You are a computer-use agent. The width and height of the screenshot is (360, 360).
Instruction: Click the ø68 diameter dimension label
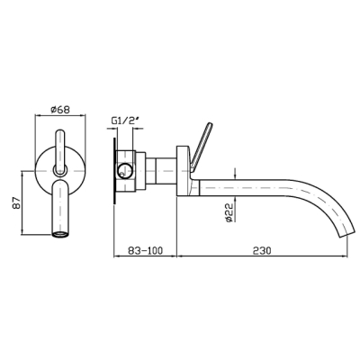point(60,110)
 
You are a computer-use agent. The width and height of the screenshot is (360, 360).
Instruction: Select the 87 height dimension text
point(17,202)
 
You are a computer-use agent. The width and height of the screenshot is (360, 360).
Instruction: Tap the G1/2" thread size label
point(126,121)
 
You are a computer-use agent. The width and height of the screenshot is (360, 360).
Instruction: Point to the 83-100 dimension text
point(145,250)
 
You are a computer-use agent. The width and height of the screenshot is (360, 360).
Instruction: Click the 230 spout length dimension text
point(262,250)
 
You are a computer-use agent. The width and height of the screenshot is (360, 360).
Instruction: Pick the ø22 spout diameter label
point(229,212)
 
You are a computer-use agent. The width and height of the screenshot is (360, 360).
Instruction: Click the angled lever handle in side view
point(202,147)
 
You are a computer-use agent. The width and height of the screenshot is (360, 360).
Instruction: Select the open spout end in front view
point(60,235)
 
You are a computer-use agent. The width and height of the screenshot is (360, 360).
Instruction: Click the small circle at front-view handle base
point(60,170)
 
